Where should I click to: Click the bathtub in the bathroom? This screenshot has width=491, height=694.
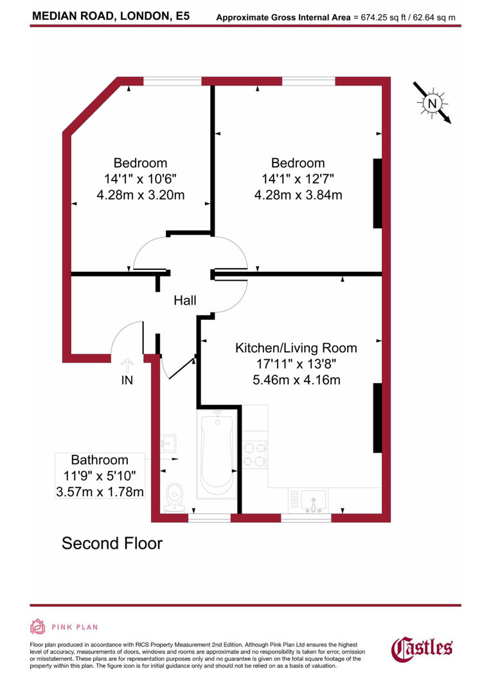(217, 455)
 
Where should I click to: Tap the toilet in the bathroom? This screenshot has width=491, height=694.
(174, 497)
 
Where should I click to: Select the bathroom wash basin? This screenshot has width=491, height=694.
(168, 442)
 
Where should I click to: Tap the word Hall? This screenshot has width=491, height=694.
(185, 300)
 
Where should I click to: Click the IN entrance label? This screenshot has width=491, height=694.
(127, 380)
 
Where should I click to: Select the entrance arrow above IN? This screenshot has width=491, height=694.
(127, 364)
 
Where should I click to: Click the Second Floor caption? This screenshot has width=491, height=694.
(112, 544)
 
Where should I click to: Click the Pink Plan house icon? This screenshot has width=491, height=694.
(38, 627)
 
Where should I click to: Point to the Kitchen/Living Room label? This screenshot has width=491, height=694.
(296, 348)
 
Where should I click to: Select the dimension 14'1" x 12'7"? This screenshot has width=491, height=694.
(298, 179)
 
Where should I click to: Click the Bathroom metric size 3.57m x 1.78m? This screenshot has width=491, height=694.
(100, 492)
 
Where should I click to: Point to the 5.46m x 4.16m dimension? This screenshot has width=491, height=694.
(296, 380)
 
